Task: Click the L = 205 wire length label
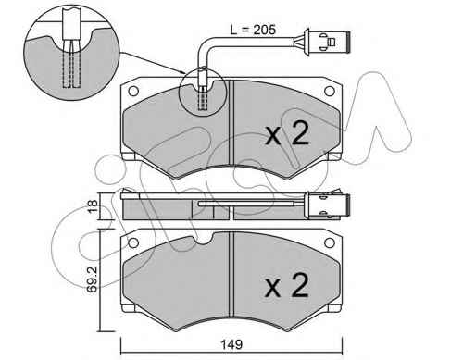(253, 30)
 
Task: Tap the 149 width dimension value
(231, 344)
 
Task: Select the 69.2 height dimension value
(93, 279)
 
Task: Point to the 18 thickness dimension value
(93, 205)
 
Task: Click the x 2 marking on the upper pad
(287, 134)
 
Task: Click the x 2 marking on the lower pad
(287, 285)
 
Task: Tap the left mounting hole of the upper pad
(133, 91)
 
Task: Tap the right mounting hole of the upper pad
(330, 91)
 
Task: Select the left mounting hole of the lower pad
(133, 242)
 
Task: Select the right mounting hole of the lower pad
(330, 242)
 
